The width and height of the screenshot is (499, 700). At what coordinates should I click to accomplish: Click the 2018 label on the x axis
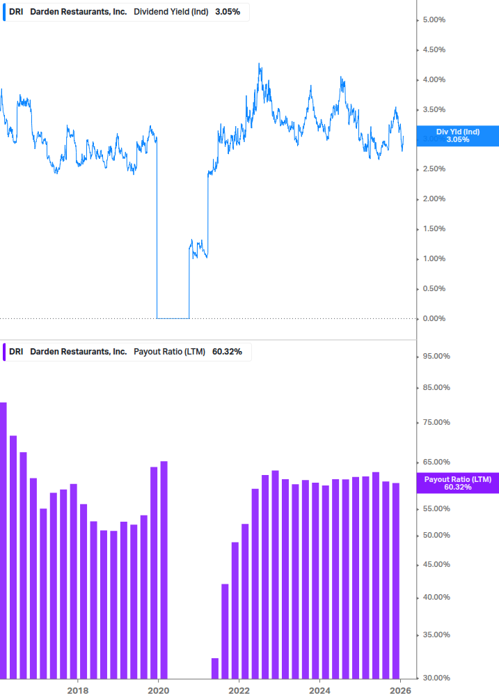(x=78, y=690)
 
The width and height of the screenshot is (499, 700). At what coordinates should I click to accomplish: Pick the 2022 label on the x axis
(x=239, y=690)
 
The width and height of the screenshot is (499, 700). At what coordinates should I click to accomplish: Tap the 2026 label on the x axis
(x=400, y=690)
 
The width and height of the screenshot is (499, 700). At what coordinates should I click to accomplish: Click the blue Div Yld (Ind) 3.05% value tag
(x=457, y=136)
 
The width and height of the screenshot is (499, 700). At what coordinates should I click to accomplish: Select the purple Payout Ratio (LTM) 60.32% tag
(x=457, y=483)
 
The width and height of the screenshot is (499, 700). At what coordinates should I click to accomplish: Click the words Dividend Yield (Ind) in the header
(x=171, y=12)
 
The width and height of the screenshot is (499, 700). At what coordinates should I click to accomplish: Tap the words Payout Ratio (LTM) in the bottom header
(x=169, y=352)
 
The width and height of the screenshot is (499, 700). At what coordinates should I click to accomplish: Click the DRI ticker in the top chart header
(x=15, y=12)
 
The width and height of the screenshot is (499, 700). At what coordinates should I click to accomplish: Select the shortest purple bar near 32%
(x=215, y=668)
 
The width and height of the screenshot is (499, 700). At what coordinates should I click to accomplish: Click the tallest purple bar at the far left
(x=3, y=540)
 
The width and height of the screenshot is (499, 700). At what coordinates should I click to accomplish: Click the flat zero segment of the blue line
(x=173, y=318)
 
